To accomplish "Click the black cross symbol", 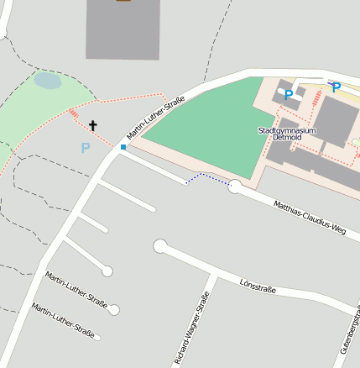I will coord(93,126).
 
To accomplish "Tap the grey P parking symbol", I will coord(85,148).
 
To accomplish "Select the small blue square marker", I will coord(123,147).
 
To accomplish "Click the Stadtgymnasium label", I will coord(287,130).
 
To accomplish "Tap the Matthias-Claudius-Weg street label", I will coord(310,217).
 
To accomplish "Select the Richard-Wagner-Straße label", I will coord(190,328).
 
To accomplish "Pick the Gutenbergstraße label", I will coord(350,332).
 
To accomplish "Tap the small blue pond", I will coord(48,81).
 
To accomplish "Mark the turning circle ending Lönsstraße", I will coord(160,246).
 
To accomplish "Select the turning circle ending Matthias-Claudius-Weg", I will coord(235,187).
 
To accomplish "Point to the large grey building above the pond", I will coord(123,29).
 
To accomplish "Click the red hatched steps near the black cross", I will coord(74,113).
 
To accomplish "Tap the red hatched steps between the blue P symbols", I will coord(316,98).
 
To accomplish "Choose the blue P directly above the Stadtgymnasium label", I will coord(288,95).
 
